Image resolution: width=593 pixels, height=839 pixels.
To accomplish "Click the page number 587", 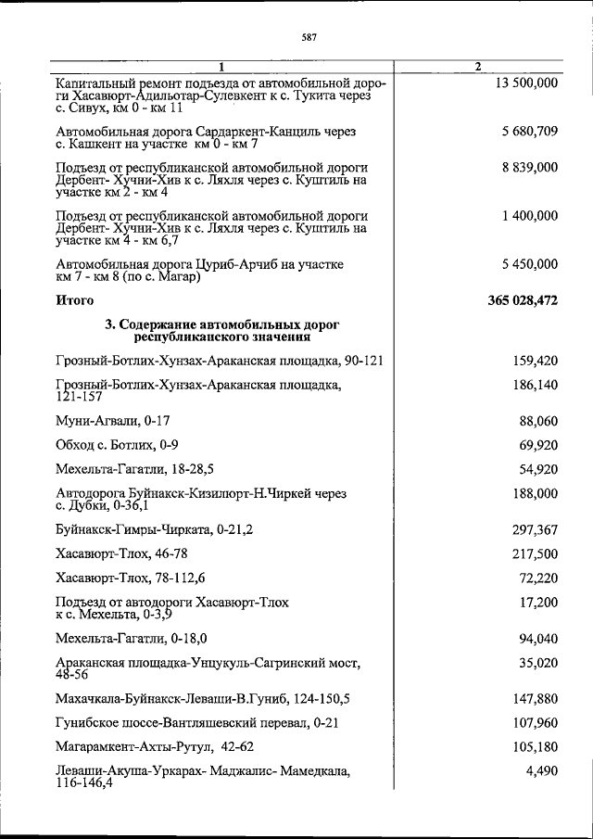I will coord(309,38).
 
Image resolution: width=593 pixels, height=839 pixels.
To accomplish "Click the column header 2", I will coord(477,67).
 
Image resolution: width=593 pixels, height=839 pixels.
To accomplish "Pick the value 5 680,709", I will coord(527,132).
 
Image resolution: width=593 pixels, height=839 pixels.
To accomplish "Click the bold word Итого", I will coord(75,301).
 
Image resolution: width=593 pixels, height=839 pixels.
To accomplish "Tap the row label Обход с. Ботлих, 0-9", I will coord(118,444).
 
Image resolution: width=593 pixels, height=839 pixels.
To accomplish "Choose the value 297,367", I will coord(535,529).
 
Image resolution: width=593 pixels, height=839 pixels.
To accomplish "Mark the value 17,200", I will coord(538,602).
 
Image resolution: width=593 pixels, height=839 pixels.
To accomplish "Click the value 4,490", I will coord(542,772).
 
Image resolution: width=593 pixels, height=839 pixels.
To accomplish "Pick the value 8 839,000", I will coord(527,168).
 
